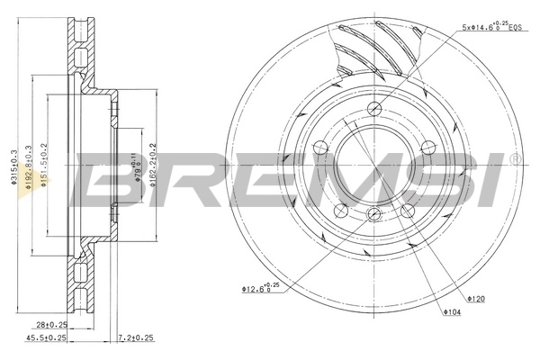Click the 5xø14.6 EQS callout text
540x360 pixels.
(x=491, y=27)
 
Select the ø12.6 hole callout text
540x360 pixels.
(x=257, y=288)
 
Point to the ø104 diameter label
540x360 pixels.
(x=452, y=311)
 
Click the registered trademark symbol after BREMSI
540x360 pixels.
(x=514, y=158)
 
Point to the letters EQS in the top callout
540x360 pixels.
(x=514, y=28)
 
